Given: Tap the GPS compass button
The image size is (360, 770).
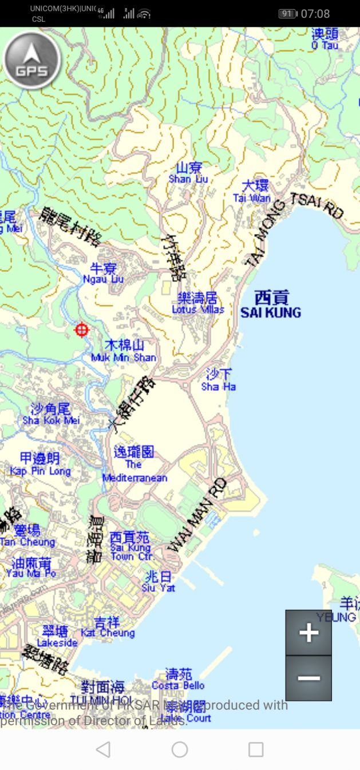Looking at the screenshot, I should pyautogui.click(x=31, y=61).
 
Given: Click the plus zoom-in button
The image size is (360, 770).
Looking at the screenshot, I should pyautogui.click(x=308, y=633).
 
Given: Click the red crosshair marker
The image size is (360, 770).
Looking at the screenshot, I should pyautogui.click(x=82, y=330).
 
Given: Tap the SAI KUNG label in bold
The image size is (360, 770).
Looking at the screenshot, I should pyautogui.click(x=271, y=305).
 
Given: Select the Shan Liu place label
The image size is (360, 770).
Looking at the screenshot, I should pyautogui.click(x=188, y=173).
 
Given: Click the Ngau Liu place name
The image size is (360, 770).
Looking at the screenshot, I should pyautogui.click(x=103, y=273).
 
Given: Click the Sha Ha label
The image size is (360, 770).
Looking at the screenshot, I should pyautogui.click(x=219, y=380).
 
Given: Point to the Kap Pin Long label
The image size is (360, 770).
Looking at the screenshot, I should pyautogui.click(x=40, y=465).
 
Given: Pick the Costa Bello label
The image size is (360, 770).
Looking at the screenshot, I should pyautogui.click(x=178, y=680).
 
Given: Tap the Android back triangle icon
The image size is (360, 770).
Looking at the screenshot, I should pyautogui.click(x=103, y=749).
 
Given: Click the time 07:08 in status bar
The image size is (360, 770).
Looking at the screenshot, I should pyautogui.click(x=315, y=14).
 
